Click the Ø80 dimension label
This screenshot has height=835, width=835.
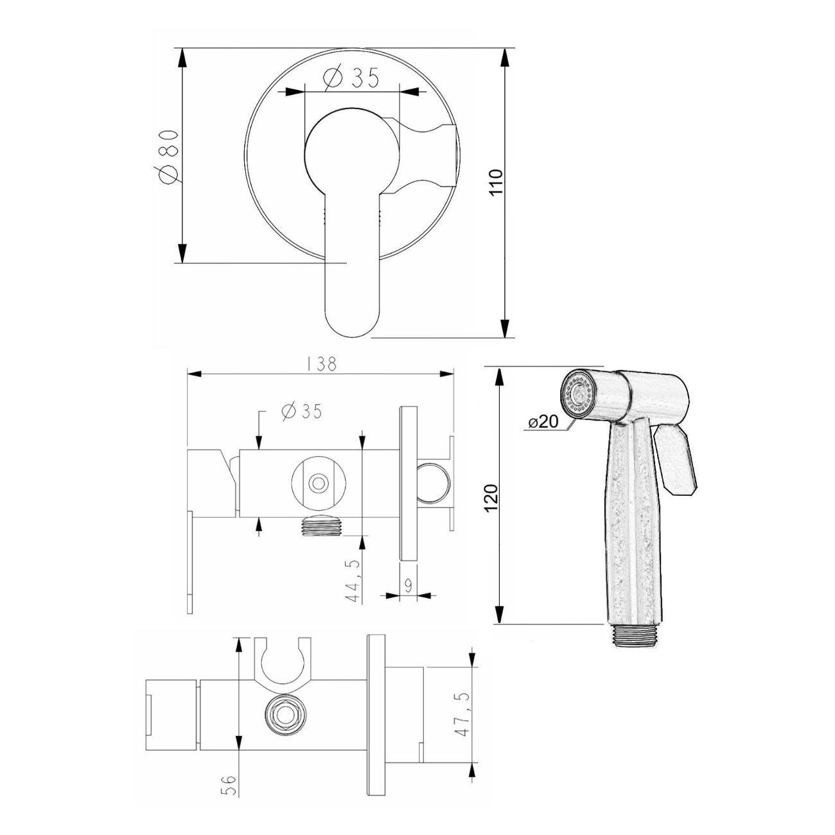[x=168, y=157]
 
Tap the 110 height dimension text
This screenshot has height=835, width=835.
[x=496, y=182]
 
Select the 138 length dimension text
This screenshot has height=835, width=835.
[x=321, y=364]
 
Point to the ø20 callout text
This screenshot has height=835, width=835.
[x=543, y=421]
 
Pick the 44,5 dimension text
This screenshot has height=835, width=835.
[x=353, y=580]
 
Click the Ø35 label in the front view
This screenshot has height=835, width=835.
[x=351, y=78]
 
